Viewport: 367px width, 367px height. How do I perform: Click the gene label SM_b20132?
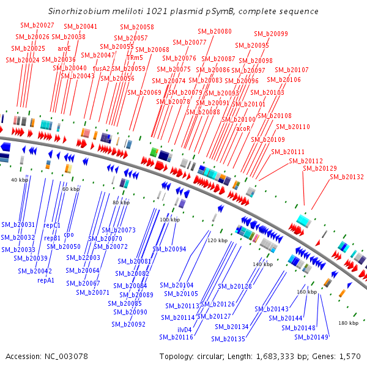[347, 177]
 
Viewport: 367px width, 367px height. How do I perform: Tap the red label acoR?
[243, 128]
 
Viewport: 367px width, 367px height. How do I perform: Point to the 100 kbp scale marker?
[169, 219]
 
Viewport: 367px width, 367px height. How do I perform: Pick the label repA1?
[46, 280]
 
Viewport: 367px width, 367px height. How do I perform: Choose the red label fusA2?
[102, 69]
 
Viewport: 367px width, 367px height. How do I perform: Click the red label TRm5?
[135, 57]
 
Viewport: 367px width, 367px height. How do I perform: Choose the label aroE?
[64, 48]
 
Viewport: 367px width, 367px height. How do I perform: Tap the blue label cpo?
[69, 234]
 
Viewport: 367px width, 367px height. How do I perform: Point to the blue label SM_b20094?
[169, 249]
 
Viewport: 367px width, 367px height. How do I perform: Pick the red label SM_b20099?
[270, 34]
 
